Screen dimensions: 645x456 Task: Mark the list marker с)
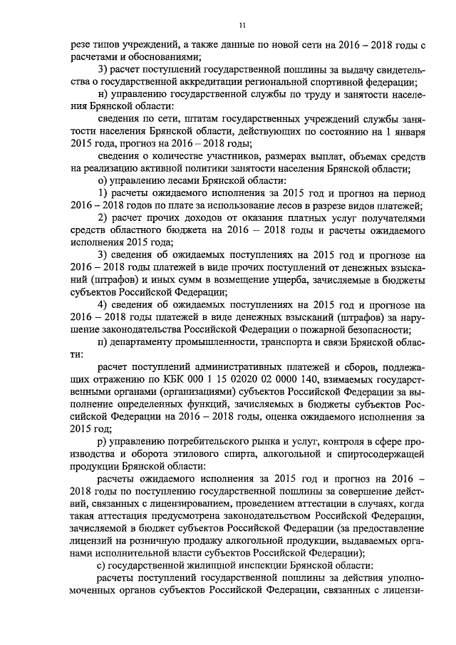[x=102, y=563]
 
